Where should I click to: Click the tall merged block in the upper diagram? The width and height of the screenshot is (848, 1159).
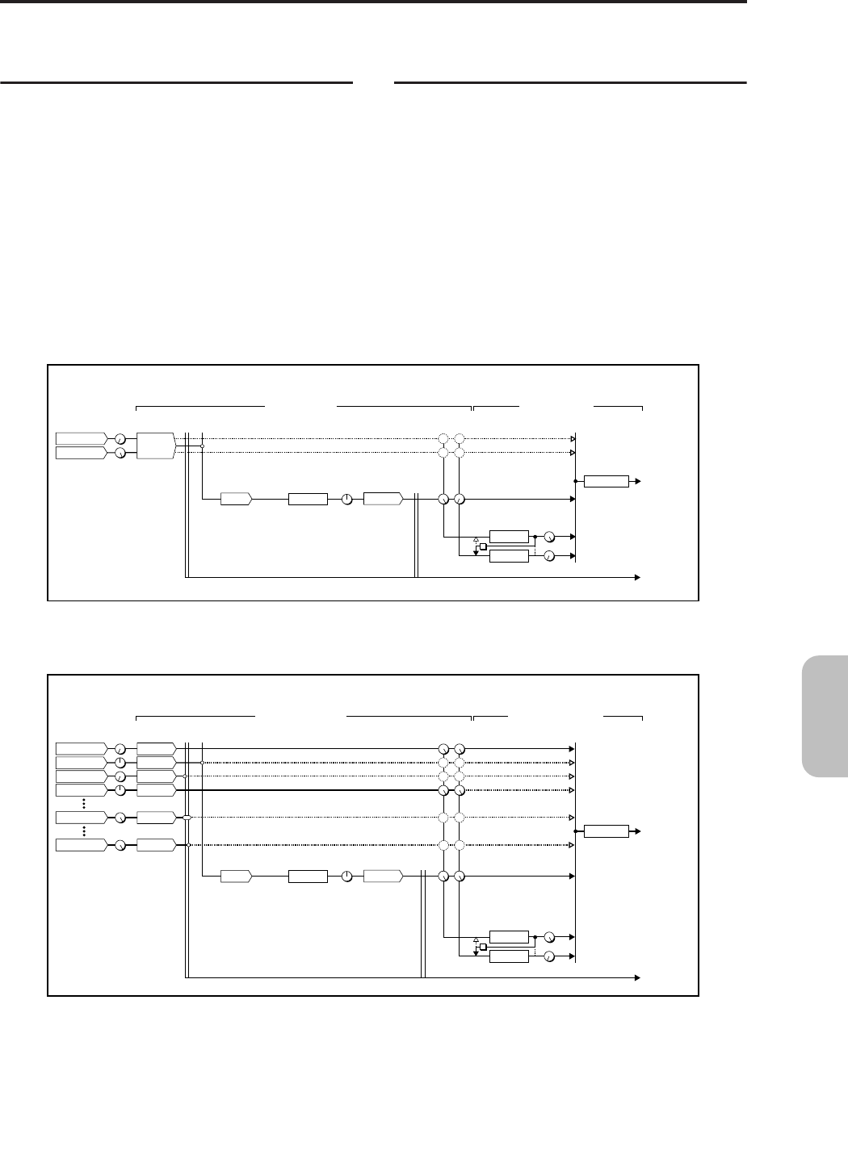pos(156,446)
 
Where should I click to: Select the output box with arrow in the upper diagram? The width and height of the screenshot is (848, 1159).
pos(606,481)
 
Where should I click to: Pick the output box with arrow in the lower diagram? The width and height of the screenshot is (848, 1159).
pos(606,831)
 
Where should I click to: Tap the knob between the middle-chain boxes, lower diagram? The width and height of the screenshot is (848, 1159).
pos(346,877)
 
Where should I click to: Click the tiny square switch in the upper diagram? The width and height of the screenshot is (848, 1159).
pos(483,546)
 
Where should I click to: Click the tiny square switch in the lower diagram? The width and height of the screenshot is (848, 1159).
pos(483,947)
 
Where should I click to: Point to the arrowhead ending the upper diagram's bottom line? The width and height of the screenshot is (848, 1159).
pos(637,578)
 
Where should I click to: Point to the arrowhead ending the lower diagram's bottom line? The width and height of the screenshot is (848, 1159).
pos(637,977)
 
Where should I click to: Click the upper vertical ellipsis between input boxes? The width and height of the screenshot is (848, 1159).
pos(83,804)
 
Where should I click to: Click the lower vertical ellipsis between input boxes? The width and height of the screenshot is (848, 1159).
pos(83,831)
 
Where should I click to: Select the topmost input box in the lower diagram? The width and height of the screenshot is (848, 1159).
pos(81,748)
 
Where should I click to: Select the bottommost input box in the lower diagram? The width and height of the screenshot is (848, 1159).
pos(81,845)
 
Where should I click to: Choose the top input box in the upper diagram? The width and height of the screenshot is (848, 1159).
pos(81,438)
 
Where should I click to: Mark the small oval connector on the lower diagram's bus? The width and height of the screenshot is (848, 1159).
pos(187,818)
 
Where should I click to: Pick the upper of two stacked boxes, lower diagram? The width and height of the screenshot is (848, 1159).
pos(509,937)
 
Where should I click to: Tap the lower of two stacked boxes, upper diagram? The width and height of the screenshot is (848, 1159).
pos(509,556)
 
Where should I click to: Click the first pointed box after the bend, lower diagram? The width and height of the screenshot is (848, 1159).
pos(236,877)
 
